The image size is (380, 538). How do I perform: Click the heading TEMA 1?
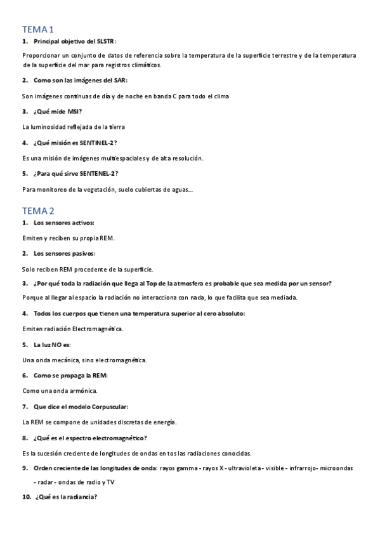pyautogui.click(x=38, y=29)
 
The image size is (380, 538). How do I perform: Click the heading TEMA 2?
pyautogui.click(x=38, y=211)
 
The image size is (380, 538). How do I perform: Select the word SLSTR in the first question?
pyautogui.click(x=104, y=41)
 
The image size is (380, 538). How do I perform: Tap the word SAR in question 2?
pyautogui.click(x=119, y=81)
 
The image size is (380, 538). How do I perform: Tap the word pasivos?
pyautogui.click(x=84, y=253)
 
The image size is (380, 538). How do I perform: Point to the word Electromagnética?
pyautogui.click(x=97, y=329)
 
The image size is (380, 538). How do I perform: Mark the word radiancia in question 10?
pyautogui.click(x=78, y=497)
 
